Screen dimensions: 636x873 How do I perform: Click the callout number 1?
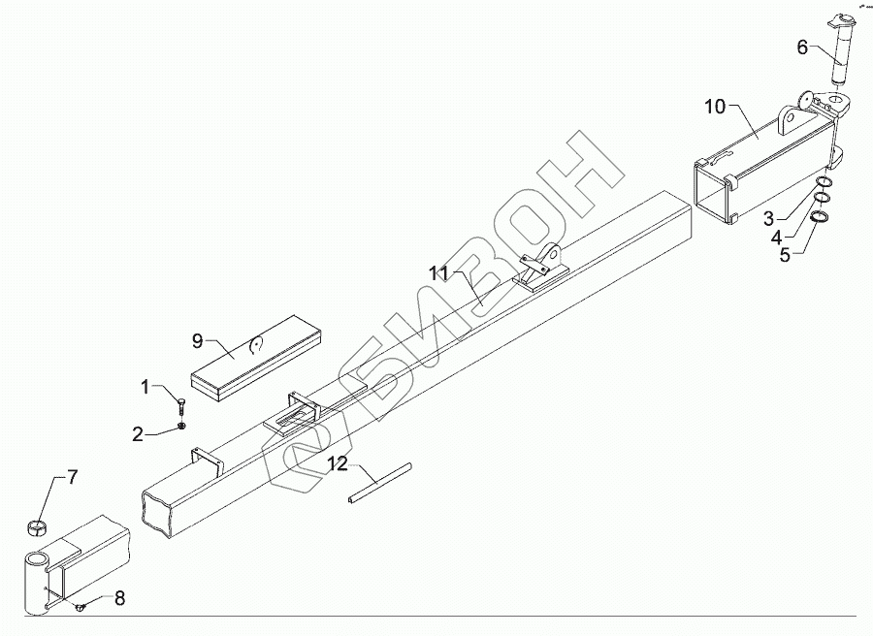point(145,388)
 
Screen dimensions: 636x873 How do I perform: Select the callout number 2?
point(138,434)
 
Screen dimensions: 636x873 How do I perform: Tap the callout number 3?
point(768,217)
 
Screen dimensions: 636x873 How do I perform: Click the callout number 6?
point(801,47)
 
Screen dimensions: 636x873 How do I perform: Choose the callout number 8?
point(119,598)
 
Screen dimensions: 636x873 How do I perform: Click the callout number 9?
point(197,340)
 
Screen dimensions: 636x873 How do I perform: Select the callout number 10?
point(715,107)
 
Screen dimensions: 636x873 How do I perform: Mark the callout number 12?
point(336,464)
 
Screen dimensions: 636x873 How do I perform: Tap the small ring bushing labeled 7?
point(36,527)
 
